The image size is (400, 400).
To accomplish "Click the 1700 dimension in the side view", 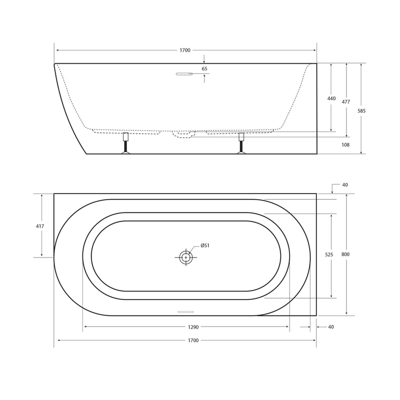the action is point(185,50).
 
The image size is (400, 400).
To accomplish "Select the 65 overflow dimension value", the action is point(205,69).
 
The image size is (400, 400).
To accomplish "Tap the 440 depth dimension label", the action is point(331,99).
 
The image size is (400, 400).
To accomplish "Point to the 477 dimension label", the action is point(346,102).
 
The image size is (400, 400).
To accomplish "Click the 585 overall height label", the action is point(362,111).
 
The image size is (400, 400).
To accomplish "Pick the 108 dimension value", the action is point(345,145).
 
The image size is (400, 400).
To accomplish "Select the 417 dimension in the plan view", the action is point(40,226).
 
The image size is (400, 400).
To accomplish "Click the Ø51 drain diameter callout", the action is point(205,245).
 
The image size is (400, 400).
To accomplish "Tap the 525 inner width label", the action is point(329,255).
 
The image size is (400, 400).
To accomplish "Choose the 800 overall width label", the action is point(345,254).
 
